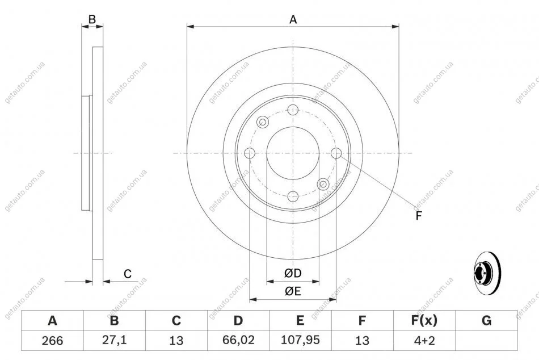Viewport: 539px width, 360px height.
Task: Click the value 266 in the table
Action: (52, 340)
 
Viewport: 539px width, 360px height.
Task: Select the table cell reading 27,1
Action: (114, 340)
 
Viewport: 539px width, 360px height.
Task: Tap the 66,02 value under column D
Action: (238, 340)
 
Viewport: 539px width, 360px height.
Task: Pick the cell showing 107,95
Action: (300, 340)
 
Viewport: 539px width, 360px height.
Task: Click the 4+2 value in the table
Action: (424, 340)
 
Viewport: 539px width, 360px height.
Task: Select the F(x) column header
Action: (424, 320)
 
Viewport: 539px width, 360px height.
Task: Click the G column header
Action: (486, 320)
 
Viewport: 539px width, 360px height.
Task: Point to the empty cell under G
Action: (486, 341)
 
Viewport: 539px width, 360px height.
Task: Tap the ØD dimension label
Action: (293, 273)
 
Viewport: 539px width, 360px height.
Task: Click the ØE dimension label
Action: (293, 291)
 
